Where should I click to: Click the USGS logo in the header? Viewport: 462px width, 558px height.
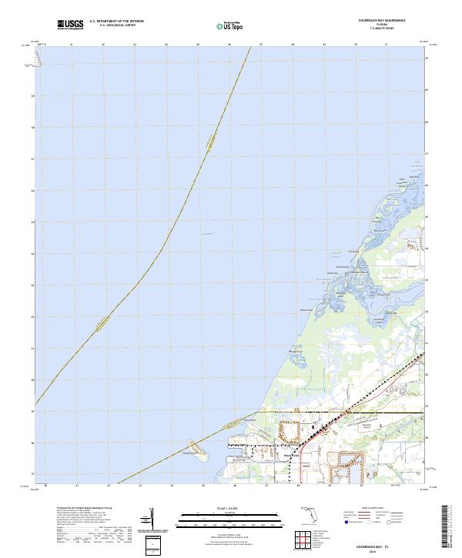(70, 25)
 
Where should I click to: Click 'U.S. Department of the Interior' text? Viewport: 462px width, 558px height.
(116, 22)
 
